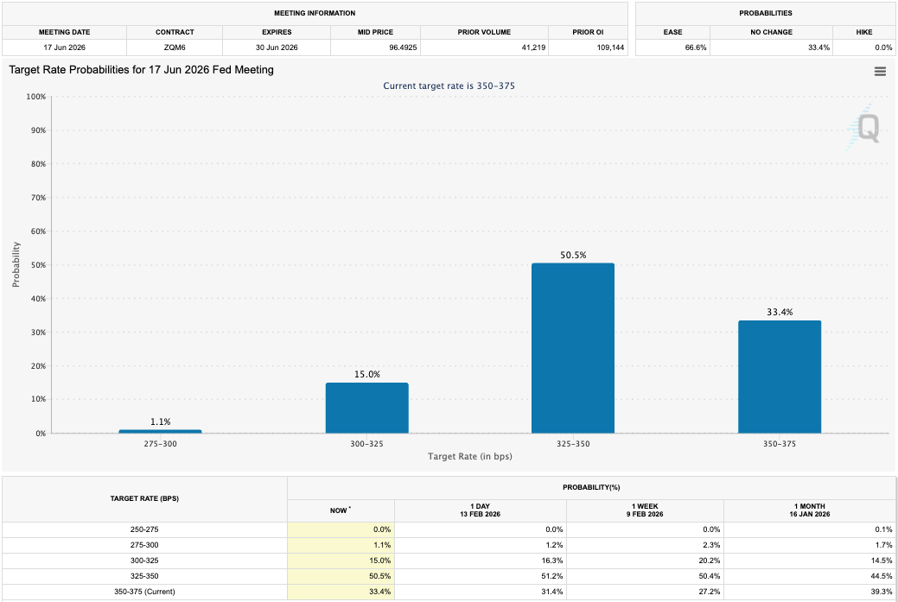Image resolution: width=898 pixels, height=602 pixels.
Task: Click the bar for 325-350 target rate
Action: [x=572, y=348]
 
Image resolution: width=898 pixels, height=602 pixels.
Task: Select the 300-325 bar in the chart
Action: [x=366, y=408]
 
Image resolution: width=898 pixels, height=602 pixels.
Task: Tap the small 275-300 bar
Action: [x=160, y=431]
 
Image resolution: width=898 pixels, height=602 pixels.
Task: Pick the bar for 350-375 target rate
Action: [x=779, y=377]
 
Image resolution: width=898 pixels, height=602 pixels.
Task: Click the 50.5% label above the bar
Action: [x=572, y=256]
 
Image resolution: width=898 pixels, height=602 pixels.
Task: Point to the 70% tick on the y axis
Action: [x=35, y=198]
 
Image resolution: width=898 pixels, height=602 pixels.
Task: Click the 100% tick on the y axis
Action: [x=35, y=97]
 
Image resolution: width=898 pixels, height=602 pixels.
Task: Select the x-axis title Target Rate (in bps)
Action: [x=469, y=456]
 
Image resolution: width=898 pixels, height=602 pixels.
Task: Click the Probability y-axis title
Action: [x=16, y=264]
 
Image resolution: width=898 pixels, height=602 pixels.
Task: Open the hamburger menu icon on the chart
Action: [x=880, y=72]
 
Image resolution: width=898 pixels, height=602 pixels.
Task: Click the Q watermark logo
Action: [x=866, y=129]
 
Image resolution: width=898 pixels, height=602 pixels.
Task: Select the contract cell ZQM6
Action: [x=175, y=48]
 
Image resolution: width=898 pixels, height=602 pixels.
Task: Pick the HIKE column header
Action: [x=863, y=32]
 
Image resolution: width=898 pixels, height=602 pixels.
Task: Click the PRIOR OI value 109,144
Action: [x=593, y=48]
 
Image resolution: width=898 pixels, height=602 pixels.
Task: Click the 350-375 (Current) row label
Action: [x=144, y=592]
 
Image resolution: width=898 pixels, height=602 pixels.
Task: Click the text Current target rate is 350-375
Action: [x=449, y=86]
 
